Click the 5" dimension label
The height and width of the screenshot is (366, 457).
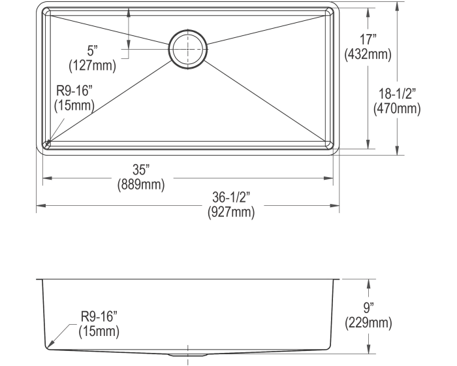click(92, 51)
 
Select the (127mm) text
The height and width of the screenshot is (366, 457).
click(92, 65)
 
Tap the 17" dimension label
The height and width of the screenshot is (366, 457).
click(368, 40)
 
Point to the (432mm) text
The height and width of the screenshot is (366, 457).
click(368, 54)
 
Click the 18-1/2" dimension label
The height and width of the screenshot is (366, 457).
click(397, 93)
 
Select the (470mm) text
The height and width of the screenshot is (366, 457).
click(397, 108)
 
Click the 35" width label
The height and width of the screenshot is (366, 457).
click(141, 170)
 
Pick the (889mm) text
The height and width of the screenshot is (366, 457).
click(141, 184)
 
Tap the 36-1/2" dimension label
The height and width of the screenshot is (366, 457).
click(231, 197)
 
